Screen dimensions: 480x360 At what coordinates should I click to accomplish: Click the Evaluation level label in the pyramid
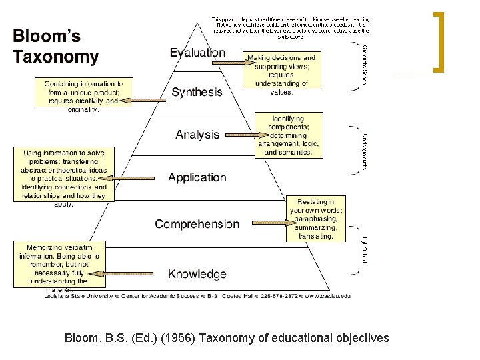(x=197, y=53)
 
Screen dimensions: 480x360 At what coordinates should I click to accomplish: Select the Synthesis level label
(x=197, y=93)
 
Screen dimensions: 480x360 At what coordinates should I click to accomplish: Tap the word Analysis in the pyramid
(x=197, y=135)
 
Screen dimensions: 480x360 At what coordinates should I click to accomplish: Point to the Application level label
(x=197, y=177)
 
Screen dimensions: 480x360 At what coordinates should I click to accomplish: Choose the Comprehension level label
(x=197, y=224)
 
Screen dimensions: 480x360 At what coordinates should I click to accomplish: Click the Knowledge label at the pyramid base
(x=197, y=274)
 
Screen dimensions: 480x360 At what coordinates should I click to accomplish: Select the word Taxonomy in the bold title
(x=56, y=57)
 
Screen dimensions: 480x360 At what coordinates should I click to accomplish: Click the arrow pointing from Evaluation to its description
(x=227, y=62)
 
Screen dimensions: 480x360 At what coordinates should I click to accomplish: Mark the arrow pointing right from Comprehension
(x=263, y=221)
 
